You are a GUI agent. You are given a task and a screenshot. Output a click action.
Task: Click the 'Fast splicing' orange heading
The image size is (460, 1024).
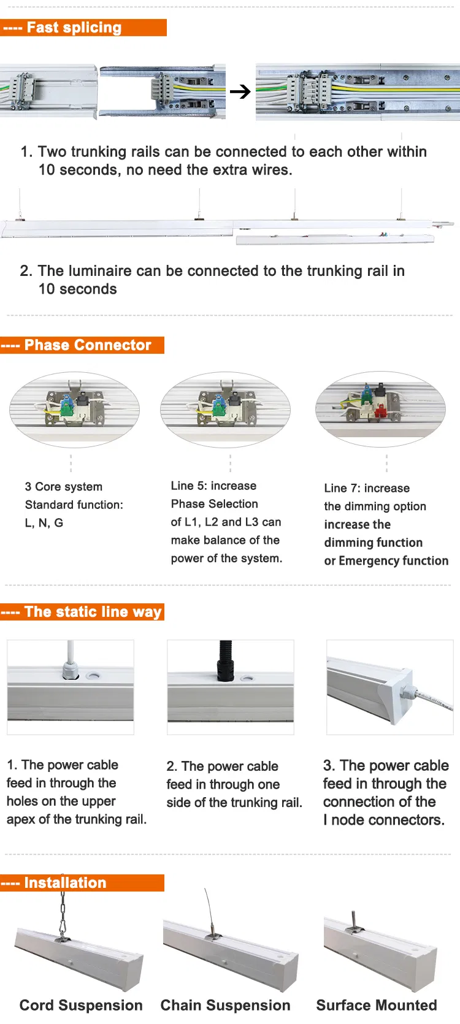coord(83,28)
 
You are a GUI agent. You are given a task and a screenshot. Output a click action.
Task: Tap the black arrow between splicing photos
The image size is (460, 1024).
coord(240,92)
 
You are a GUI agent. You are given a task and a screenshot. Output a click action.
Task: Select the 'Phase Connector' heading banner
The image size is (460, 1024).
coord(82,345)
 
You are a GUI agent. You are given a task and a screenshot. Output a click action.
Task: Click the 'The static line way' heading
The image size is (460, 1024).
coord(82,612)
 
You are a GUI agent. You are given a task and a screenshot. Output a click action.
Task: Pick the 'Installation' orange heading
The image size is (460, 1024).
coord(82,883)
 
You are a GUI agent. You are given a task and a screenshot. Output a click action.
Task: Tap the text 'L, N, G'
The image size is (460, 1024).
coord(44,523)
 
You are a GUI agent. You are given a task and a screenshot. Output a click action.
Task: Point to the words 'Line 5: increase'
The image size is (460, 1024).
coord(213,486)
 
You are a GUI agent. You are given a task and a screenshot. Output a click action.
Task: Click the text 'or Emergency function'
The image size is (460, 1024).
coord(386,560)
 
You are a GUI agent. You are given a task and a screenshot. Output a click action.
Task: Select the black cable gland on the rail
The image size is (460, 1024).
coord(226,662)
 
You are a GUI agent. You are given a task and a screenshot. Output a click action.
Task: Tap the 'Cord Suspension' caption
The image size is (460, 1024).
coord(81,1006)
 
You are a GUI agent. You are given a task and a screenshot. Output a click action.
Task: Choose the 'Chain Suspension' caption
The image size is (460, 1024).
coord(225,1006)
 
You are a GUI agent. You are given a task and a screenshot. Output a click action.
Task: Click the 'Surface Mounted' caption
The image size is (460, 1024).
coord(377,1006)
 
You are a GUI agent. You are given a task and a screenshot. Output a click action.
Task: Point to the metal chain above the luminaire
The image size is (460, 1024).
coord(63,914)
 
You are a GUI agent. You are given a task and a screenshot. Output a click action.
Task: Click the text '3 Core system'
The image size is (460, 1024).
coord(64,487)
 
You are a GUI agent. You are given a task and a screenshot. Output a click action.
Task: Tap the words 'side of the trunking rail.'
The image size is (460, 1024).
coord(234,803)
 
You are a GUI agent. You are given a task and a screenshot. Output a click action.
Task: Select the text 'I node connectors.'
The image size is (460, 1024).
coord(383,820)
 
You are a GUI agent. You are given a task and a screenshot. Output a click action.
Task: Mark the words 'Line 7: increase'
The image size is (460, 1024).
coord(367,488)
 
